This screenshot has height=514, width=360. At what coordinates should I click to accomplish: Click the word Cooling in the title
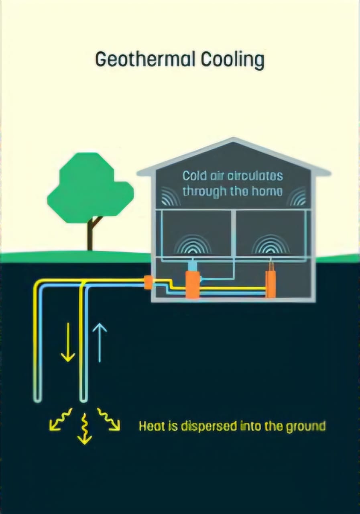pos(232,60)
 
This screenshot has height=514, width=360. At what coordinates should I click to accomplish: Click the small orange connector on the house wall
pos(148,282)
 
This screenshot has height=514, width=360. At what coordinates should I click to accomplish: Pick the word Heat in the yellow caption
pos(152,426)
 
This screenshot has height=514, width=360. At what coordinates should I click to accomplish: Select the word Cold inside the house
pos(195,176)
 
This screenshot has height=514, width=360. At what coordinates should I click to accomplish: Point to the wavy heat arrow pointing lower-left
pos(59,419)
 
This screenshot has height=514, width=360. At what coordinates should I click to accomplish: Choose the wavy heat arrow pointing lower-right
pos(109,420)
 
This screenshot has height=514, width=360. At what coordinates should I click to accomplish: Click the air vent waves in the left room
pos(195,245)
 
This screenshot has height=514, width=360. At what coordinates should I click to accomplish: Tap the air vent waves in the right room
pos(271,245)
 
